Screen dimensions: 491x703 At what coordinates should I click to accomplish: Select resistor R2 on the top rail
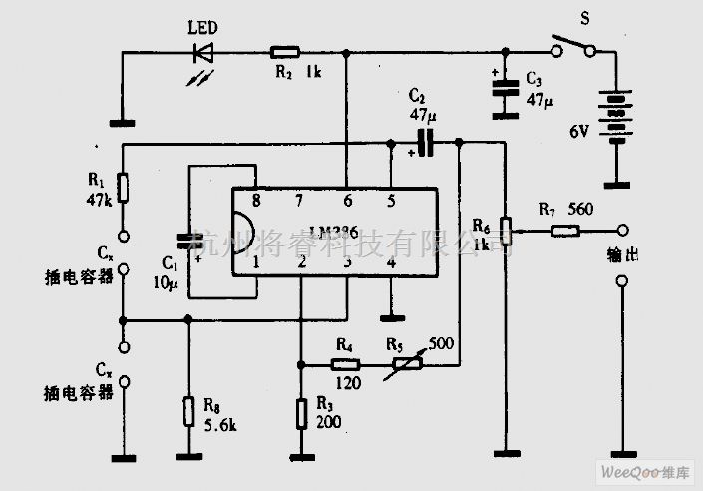[x=285, y=50]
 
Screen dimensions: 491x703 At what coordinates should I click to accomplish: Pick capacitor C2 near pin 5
[x=427, y=145]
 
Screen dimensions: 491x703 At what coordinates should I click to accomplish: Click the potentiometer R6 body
[x=506, y=231]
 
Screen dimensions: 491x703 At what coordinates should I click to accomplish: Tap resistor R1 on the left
[x=122, y=187]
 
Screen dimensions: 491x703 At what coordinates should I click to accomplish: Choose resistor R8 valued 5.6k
[x=187, y=411]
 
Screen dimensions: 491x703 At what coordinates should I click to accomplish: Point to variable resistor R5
[x=407, y=365]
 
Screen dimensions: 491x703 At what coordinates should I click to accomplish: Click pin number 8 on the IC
[x=255, y=201]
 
